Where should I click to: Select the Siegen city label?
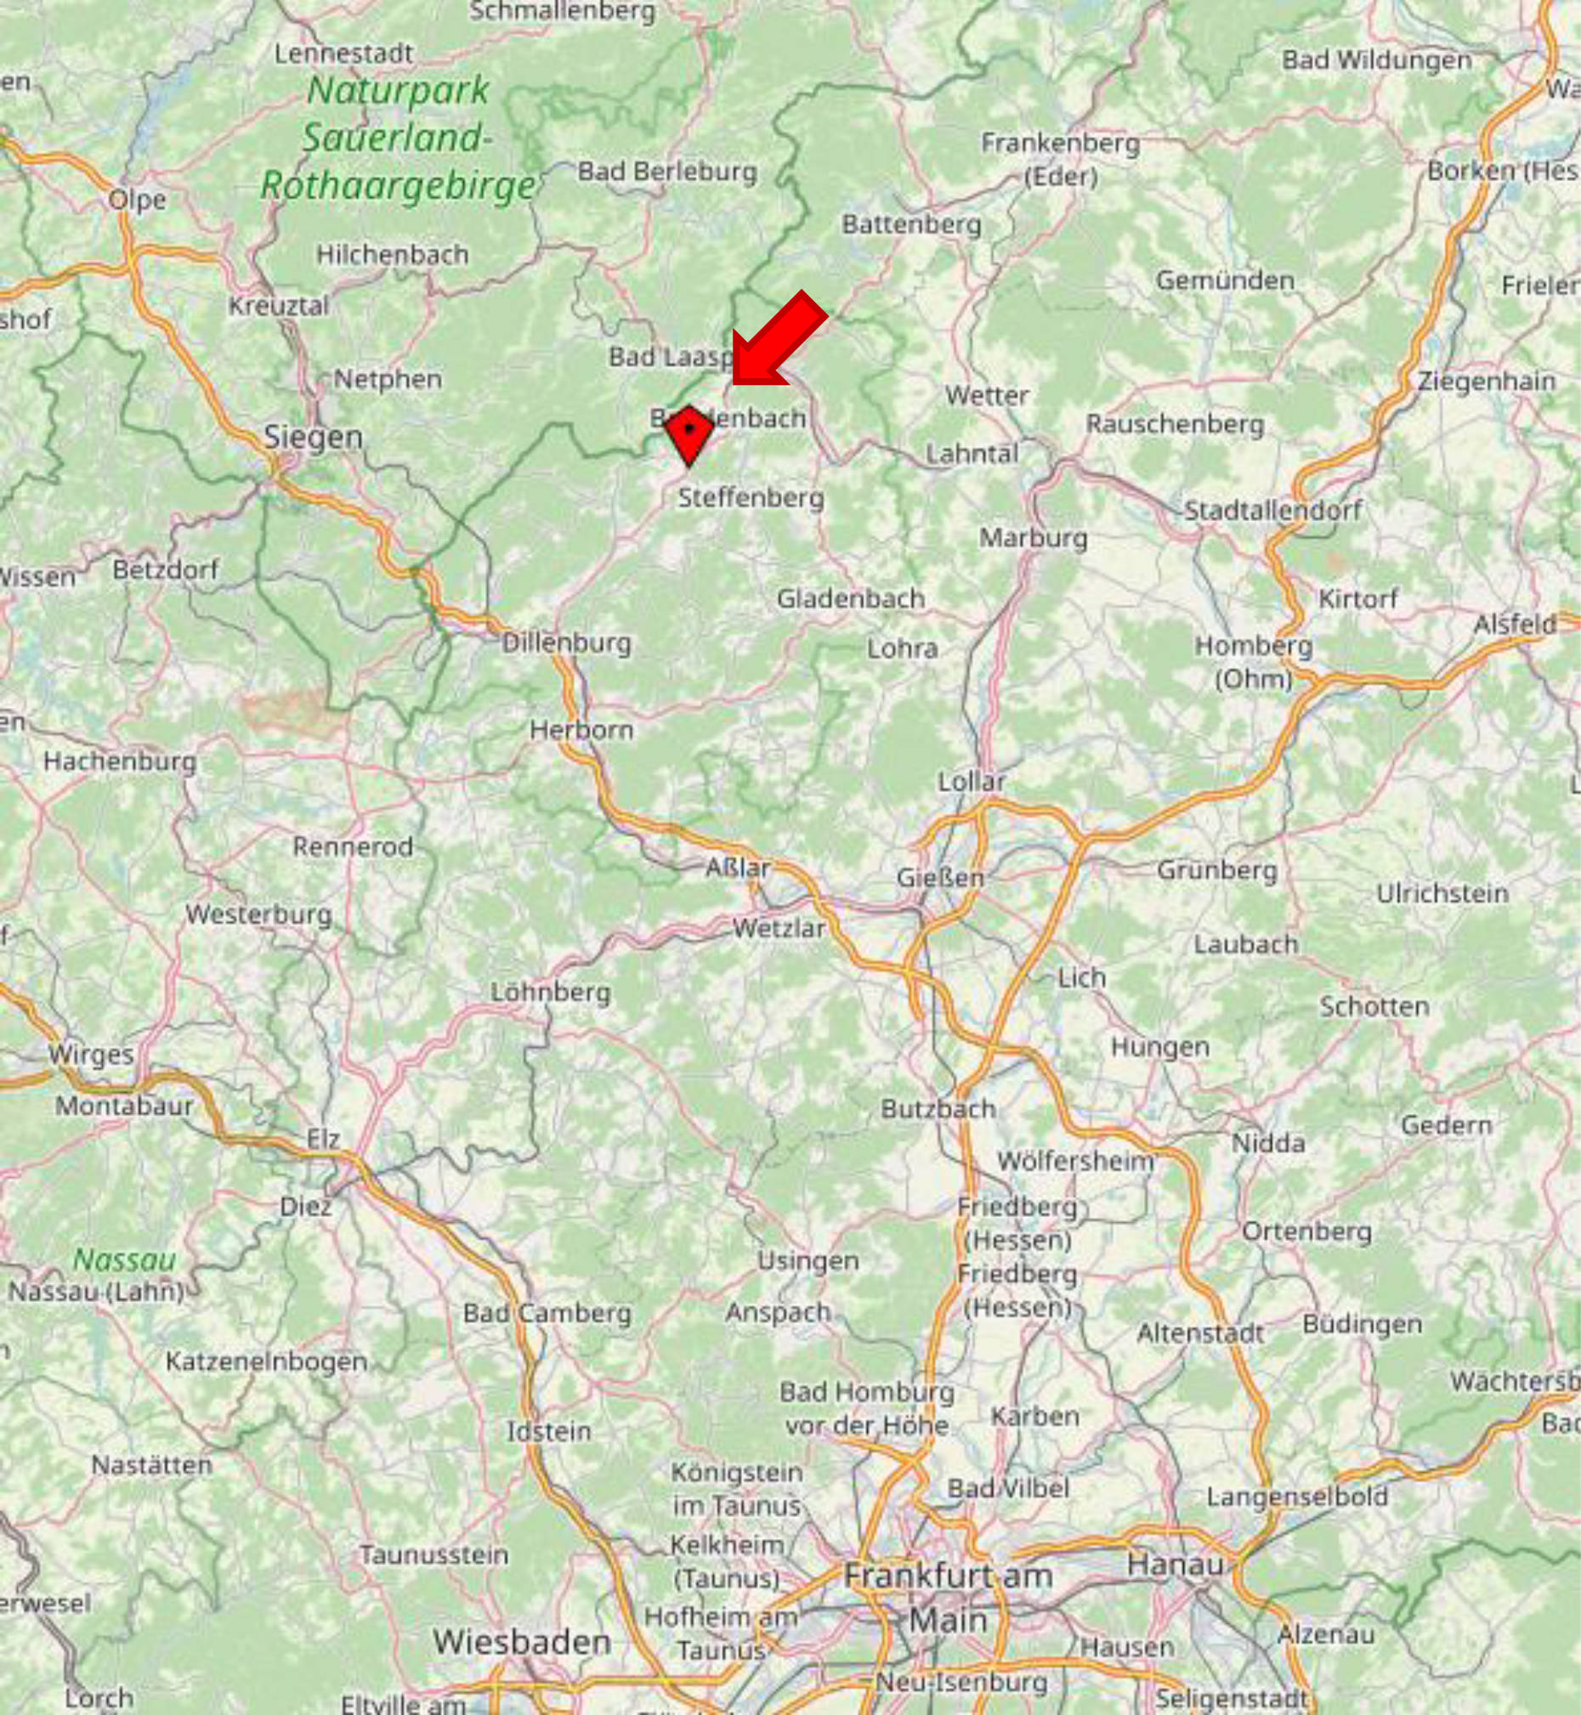pyautogui.click(x=313, y=437)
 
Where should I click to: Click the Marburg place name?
pyautogui.click(x=1033, y=538)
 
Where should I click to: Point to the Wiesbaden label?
pyautogui.click(x=522, y=1641)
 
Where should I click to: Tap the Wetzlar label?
pyautogui.click(x=779, y=928)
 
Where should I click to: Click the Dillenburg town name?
pyautogui.click(x=566, y=643)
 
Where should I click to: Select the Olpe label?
pyautogui.click(x=137, y=200)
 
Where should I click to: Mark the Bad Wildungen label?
pyautogui.click(x=1376, y=59)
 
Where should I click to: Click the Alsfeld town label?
pyautogui.click(x=1514, y=625)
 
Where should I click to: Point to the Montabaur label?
pyautogui.click(x=124, y=1106)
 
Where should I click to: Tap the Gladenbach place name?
pyautogui.click(x=850, y=599)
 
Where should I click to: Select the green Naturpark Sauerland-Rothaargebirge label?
pyautogui.click(x=399, y=138)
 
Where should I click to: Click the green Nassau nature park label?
pyautogui.click(x=124, y=1259)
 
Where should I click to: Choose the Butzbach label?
pyautogui.click(x=938, y=1109)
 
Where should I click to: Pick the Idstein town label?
pyautogui.click(x=548, y=1431)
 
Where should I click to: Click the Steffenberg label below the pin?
pyautogui.click(x=751, y=498)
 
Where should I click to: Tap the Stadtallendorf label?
pyautogui.click(x=1273, y=511)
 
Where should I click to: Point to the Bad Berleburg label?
pyautogui.click(x=667, y=172)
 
